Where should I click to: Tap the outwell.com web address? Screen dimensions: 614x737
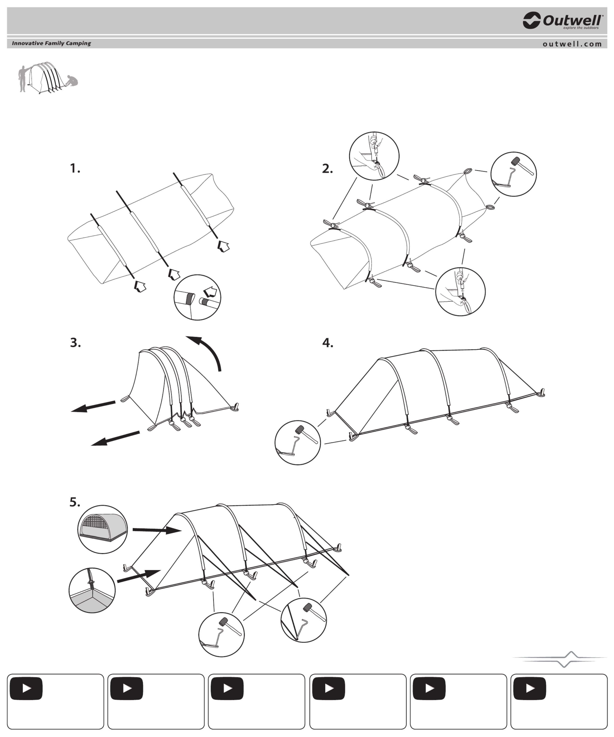(x=572, y=44)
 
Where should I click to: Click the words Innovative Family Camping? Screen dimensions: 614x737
(x=51, y=43)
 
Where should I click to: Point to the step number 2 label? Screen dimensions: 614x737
(x=327, y=168)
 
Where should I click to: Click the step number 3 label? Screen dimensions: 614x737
(x=75, y=343)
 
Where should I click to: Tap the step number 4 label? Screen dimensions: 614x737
(x=328, y=343)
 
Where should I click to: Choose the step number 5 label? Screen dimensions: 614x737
(x=75, y=502)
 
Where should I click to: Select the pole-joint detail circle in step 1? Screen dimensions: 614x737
(x=197, y=297)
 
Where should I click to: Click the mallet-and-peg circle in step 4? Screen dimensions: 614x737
(x=297, y=442)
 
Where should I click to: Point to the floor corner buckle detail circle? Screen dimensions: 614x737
(x=92, y=590)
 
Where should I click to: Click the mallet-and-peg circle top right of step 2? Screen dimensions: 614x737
(x=513, y=174)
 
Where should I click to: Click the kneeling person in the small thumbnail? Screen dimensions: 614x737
(x=72, y=81)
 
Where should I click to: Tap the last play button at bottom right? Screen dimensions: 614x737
(x=530, y=688)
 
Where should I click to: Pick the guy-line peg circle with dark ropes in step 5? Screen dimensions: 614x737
(x=304, y=620)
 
